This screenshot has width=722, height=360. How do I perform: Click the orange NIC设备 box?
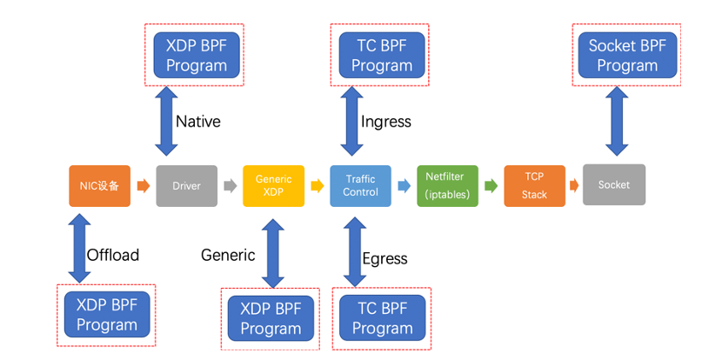click(x=100, y=185)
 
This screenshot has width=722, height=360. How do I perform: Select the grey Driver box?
click(x=186, y=185)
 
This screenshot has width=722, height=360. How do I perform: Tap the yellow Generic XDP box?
click(x=273, y=185)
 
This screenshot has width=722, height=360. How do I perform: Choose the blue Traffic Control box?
click(x=360, y=185)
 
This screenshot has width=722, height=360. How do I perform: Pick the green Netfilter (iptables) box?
click(x=447, y=185)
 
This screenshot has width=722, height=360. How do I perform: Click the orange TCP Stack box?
click(x=534, y=185)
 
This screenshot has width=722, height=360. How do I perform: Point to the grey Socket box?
click(x=614, y=184)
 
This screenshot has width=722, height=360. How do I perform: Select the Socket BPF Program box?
click(x=627, y=55)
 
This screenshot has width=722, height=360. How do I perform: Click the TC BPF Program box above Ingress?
click(x=381, y=55)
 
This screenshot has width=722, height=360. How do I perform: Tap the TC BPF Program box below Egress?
click(x=382, y=317)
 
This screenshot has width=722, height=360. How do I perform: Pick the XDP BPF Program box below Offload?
click(x=107, y=314)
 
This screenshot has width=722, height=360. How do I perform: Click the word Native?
click(x=198, y=122)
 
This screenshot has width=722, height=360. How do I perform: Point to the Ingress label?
click(x=386, y=122)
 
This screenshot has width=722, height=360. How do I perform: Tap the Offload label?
click(x=113, y=255)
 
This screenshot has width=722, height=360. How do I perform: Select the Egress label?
click(x=385, y=258)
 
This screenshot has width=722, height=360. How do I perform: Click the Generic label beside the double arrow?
click(x=228, y=255)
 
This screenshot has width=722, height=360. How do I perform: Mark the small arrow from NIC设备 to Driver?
click(x=144, y=185)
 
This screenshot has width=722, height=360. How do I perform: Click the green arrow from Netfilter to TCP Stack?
click(x=491, y=185)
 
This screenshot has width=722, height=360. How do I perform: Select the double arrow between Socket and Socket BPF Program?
click(x=616, y=122)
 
